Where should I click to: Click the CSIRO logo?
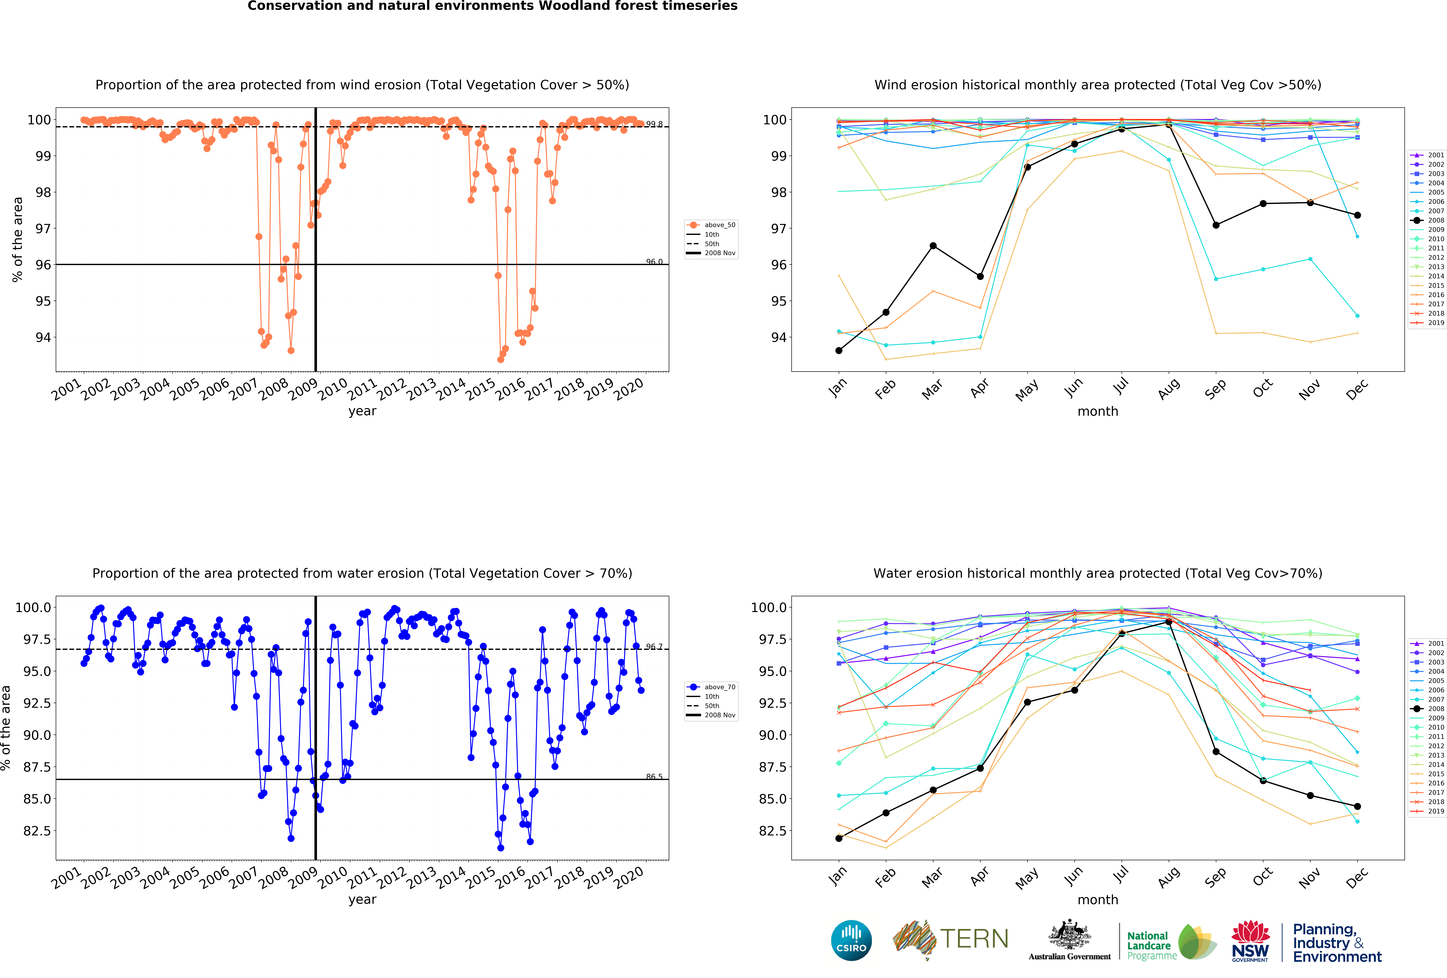click(x=851, y=941)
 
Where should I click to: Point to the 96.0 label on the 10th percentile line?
click(x=654, y=262)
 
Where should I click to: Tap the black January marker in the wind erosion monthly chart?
click(x=839, y=351)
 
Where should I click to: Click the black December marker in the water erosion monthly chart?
click(x=1357, y=806)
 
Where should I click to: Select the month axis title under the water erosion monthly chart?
click(x=1098, y=899)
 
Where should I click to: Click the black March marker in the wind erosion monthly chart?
click(x=933, y=246)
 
